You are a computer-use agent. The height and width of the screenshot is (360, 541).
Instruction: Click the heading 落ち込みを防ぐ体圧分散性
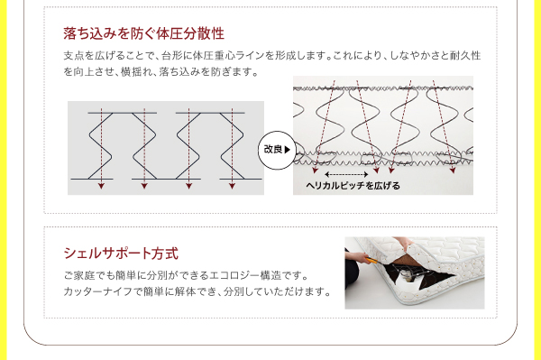pos(144,33)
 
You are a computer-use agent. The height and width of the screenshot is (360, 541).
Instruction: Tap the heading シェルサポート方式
pos(121,254)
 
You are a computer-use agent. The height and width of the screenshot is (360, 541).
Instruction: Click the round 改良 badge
pos(277,150)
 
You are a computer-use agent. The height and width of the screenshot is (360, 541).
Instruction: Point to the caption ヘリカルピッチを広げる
pos(353,186)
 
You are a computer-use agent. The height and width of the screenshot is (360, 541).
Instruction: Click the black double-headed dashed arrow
pos(347,174)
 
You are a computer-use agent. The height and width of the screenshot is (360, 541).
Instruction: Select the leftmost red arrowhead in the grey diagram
pos(101,187)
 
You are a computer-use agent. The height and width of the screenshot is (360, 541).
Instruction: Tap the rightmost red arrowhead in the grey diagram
pos(232,187)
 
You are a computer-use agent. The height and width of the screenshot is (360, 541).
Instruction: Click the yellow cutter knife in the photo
pos(371,261)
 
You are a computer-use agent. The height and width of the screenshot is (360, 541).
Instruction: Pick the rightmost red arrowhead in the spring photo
pos(453,171)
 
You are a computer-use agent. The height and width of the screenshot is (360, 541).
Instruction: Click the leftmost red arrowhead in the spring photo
pos(315,171)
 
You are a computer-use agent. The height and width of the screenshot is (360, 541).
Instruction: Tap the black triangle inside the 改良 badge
pos(287,150)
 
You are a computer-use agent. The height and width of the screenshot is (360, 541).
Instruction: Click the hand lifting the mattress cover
pos(404,244)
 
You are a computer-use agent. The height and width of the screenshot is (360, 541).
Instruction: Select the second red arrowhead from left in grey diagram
pos(144,187)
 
